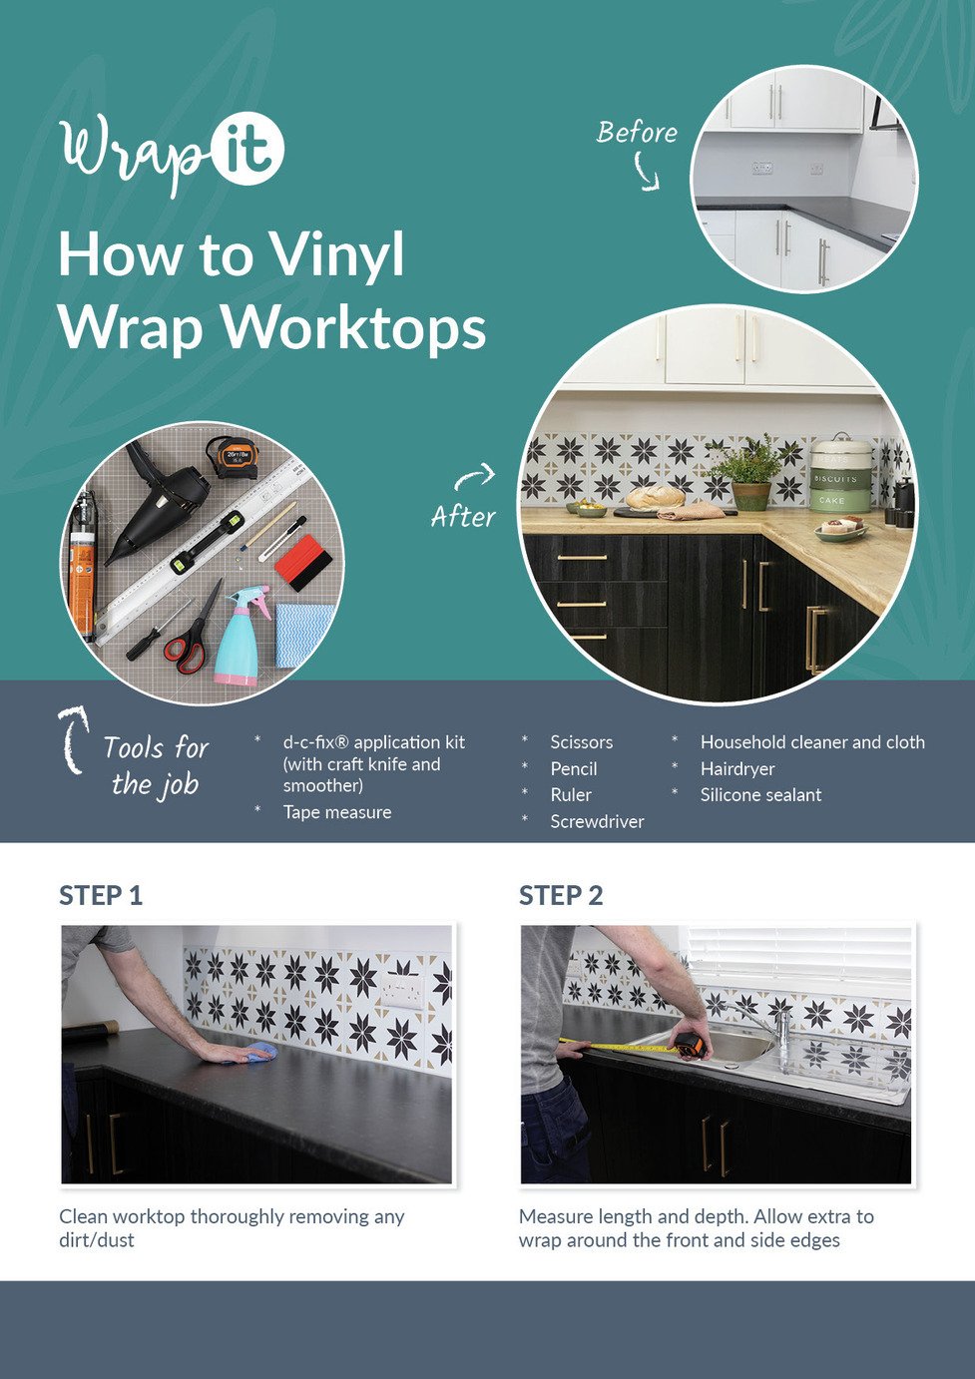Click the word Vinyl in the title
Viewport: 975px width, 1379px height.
[x=337, y=256]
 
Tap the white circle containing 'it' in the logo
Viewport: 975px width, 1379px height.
[x=247, y=149]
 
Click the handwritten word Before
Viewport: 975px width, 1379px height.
[x=637, y=133]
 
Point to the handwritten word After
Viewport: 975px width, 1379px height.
[x=463, y=517]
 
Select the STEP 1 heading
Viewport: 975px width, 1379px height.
[x=101, y=896]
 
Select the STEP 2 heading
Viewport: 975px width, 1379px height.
[x=561, y=896]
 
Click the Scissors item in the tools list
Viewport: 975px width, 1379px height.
[x=581, y=742]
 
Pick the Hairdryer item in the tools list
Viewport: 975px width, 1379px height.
[x=737, y=769]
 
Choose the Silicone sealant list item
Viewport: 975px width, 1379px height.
[x=760, y=795]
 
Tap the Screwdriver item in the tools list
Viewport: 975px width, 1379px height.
[x=597, y=821]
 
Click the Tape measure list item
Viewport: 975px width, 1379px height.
[x=337, y=812]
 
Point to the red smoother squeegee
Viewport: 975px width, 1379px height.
[x=303, y=562]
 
